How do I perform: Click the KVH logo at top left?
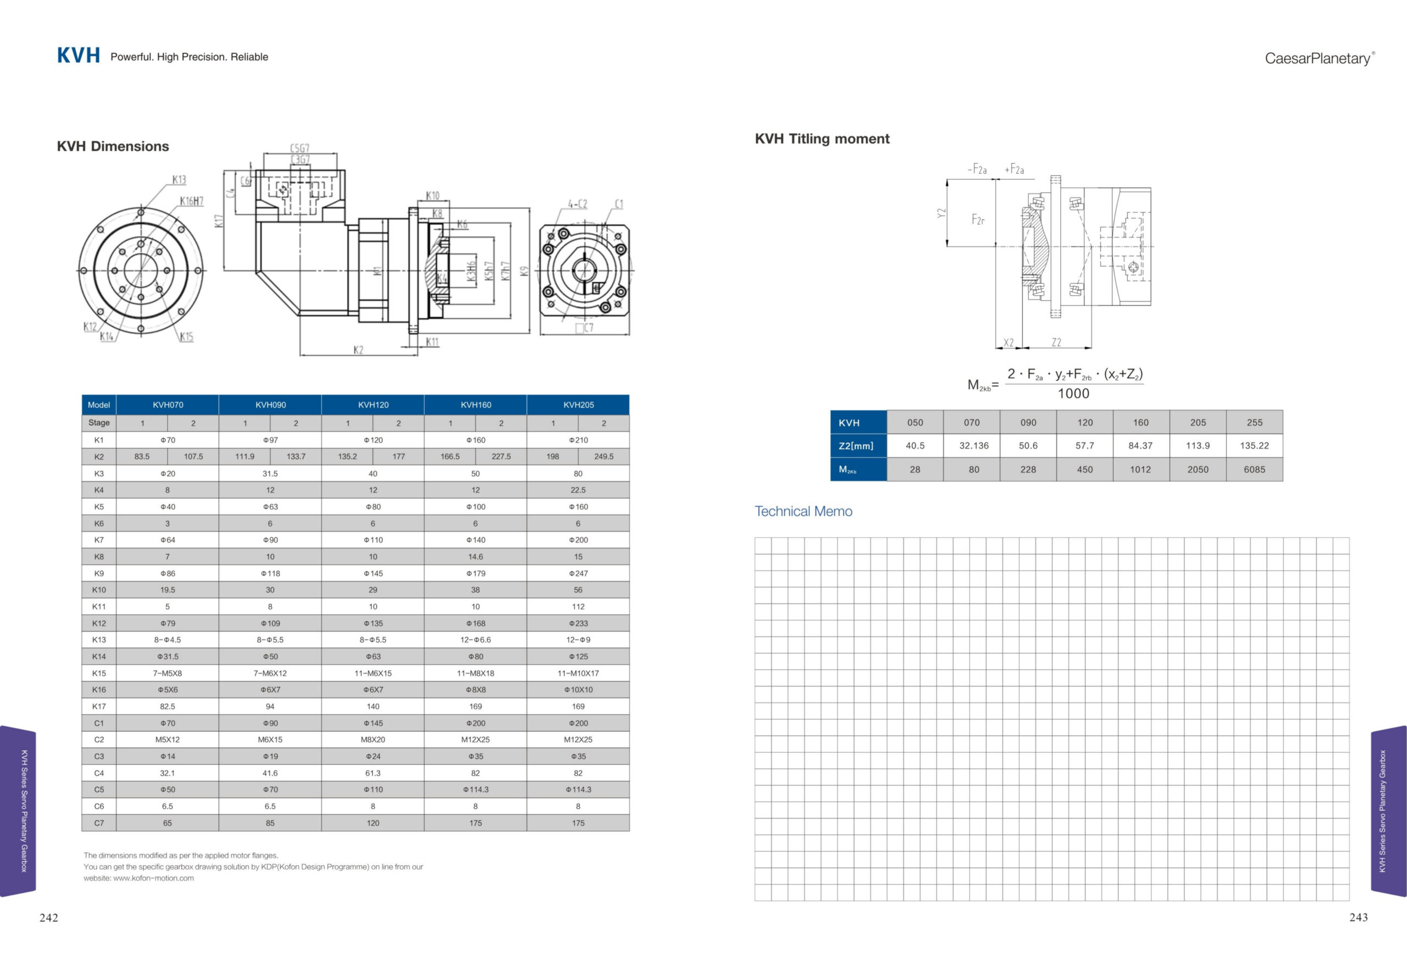tap(78, 56)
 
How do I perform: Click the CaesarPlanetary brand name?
tap(1318, 59)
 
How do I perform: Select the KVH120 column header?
tap(373, 405)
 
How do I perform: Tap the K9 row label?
tap(99, 573)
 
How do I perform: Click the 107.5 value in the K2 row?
tap(193, 456)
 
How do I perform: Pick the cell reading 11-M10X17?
tap(578, 673)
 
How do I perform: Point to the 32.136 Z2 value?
tap(973, 446)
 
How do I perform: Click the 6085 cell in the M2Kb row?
tap(1254, 470)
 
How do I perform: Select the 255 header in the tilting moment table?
tap(1254, 423)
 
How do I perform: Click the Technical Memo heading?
tap(803, 511)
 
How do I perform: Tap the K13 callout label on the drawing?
tap(179, 180)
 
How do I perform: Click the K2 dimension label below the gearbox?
tap(358, 350)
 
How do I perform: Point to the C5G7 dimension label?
tap(300, 148)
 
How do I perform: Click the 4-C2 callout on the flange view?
tap(577, 204)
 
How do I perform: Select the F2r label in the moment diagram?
tap(978, 220)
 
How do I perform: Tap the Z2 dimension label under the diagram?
tap(1056, 343)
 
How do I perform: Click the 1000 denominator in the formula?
tap(1073, 394)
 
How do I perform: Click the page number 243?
tap(1358, 918)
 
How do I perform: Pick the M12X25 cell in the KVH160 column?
tap(475, 739)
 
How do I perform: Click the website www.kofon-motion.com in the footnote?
tap(153, 878)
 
